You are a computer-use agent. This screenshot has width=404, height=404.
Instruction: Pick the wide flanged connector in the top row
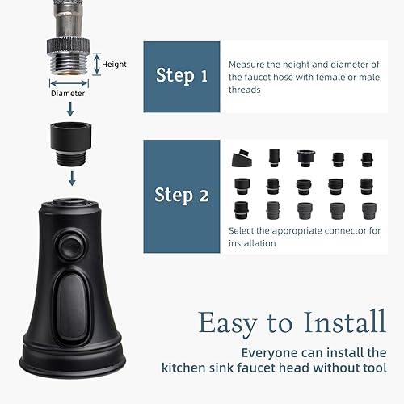(306, 158)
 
